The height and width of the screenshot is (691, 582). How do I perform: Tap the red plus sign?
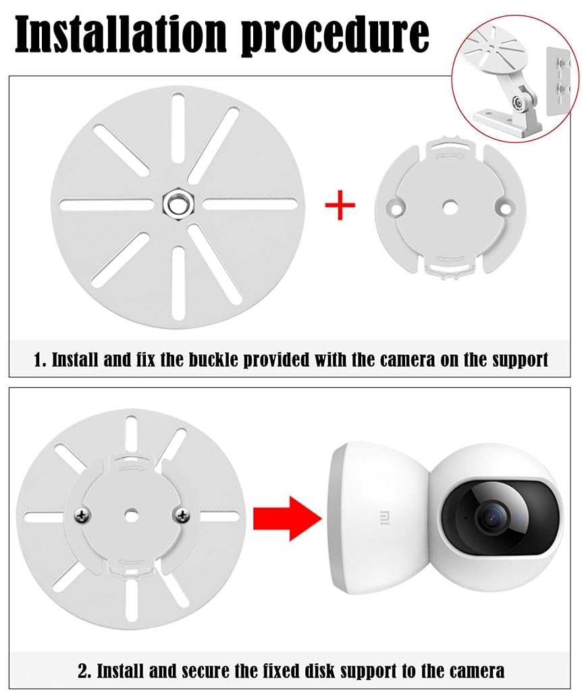click(x=340, y=204)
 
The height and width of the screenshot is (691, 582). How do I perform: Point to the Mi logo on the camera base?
click(x=383, y=518)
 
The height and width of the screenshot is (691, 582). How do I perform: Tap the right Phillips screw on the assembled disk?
click(x=182, y=514)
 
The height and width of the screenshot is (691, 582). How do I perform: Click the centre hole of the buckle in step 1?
click(x=450, y=206)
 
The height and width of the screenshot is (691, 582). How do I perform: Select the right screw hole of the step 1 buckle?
click(x=504, y=207)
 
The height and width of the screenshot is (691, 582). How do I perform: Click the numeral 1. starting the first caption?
click(x=40, y=360)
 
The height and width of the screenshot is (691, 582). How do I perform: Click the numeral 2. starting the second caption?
click(x=84, y=671)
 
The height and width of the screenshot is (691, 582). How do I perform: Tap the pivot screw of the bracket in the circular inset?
click(x=517, y=103)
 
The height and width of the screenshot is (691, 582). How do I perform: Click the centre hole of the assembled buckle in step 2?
click(x=131, y=514)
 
